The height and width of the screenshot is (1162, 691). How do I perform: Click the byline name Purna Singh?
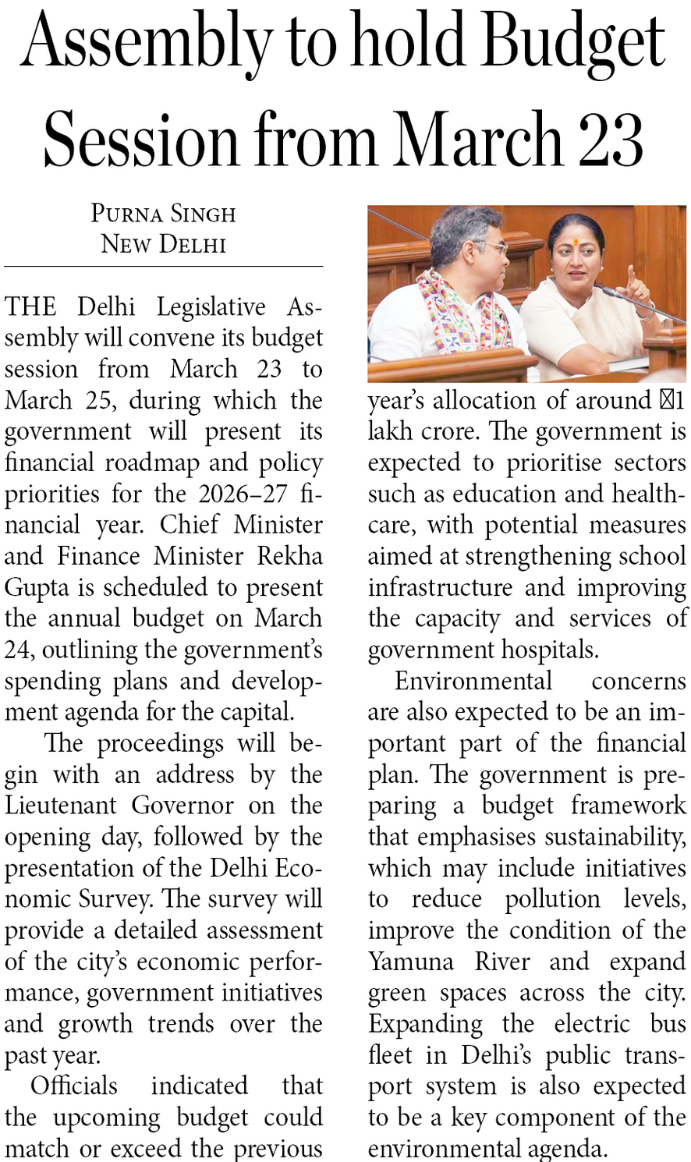pos(163,214)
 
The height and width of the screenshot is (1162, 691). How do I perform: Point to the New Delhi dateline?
pos(163,244)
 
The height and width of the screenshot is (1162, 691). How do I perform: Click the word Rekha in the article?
pos(290,556)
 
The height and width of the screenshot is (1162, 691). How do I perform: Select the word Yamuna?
pos(410,961)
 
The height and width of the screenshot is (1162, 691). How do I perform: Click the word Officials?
pos(74,1086)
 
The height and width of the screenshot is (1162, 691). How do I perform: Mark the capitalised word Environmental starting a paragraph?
pos(473,681)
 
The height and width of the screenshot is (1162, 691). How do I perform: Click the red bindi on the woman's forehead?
pos(576,242)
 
